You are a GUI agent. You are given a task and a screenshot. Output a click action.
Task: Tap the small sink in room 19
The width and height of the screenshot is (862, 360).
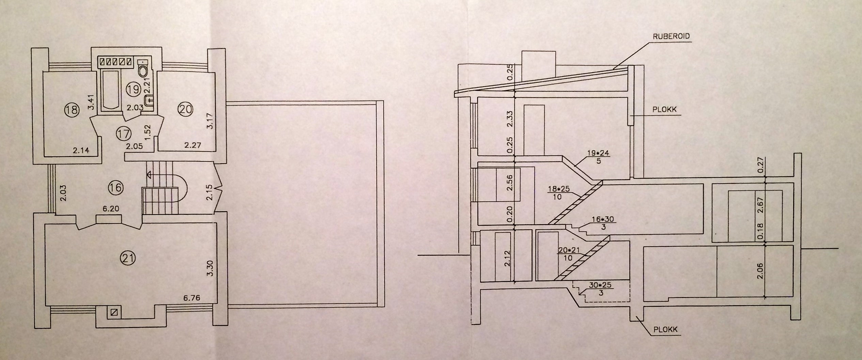pyautogui.click(x=149, y=100)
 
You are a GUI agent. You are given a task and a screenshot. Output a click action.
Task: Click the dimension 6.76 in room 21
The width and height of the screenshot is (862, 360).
pyautogui.click(x=191, y=298)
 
